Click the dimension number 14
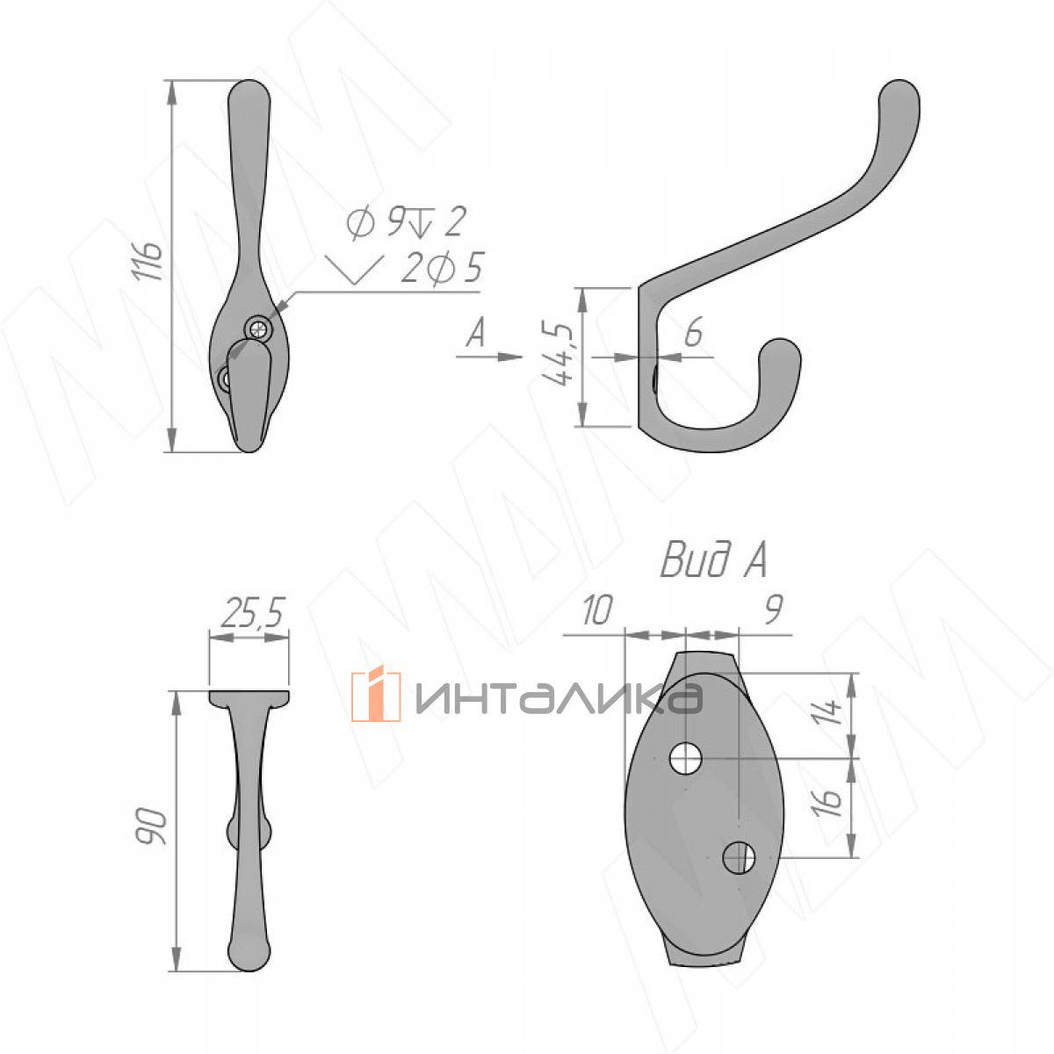pos(827,712)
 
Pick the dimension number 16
pos(827,802)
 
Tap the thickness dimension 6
pos(693,332)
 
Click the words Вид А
pos(714,560)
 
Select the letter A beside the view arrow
pos(476,333)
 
